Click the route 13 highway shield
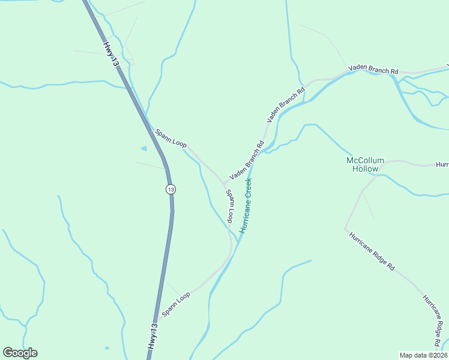(x=171, y=189)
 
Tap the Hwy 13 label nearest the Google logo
(x=154, y=337)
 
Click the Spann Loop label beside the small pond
(x=171, y=139)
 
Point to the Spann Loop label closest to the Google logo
(x=176, y=304)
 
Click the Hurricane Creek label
(x=247, y=205)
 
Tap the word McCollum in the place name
(x=364, y=160)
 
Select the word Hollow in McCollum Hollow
(x=365, y=169)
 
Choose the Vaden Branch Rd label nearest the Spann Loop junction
(x=247, y=161)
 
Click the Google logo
(x=20, y=353)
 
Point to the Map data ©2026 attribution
(x=423, y=355)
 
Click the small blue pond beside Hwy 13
(x=143, y=148)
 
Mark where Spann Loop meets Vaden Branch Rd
(x=223, y=182)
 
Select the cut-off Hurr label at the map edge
(x=442, y=164)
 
